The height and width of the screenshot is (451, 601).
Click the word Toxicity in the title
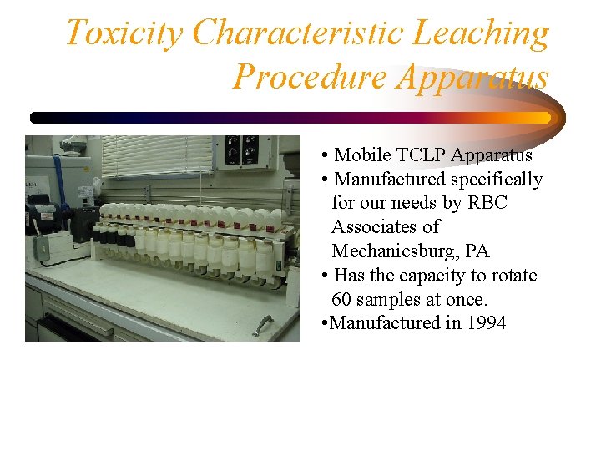[x=124, y=33]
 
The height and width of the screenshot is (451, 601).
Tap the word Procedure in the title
[x=309, y=77]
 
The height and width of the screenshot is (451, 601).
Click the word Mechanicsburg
[x=400, y=251]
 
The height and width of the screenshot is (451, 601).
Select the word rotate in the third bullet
[x=512, y=276]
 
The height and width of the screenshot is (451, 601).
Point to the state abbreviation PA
[x=501, y=251]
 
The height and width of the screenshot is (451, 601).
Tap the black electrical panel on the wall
[x=252, y=149]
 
